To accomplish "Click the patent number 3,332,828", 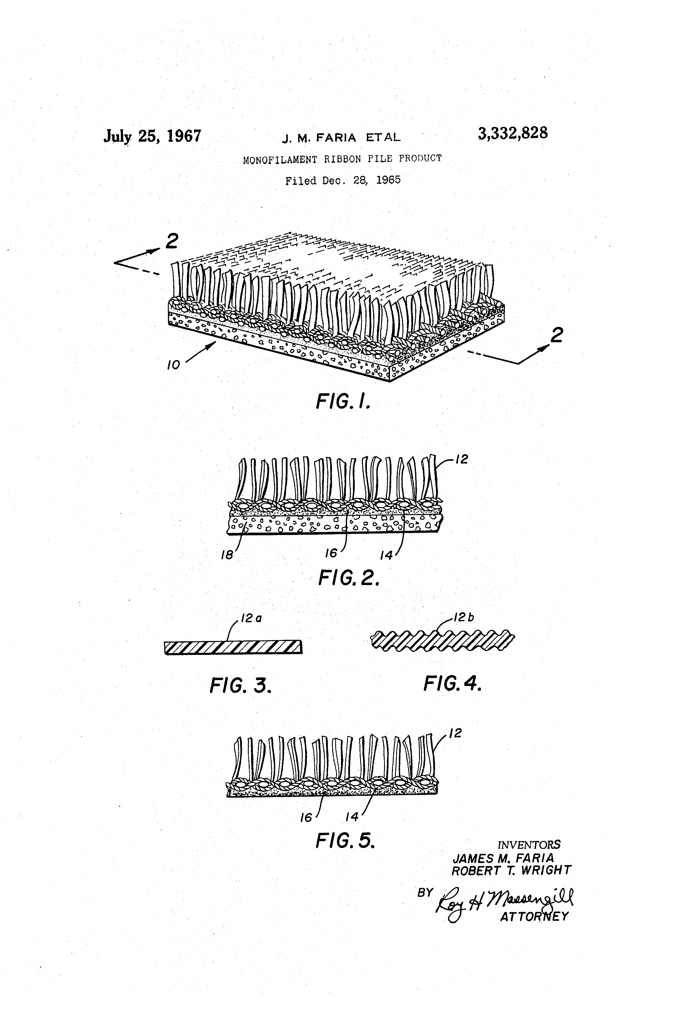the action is click(513, 133).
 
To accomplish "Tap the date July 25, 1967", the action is click(153, 136).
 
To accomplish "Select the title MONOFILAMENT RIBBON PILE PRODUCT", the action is click(342, 159).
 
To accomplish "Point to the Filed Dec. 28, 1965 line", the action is click(343, 180).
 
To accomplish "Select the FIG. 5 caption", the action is click(345, 841).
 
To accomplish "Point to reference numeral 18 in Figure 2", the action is click(227, 555).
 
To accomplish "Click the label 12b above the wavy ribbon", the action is click(464, 617).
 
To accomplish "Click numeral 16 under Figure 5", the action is click(306, 818).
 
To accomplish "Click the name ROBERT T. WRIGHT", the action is click(512, 870).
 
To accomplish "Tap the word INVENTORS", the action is click(529, 845).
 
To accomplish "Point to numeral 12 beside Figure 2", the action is click(462, 459).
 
